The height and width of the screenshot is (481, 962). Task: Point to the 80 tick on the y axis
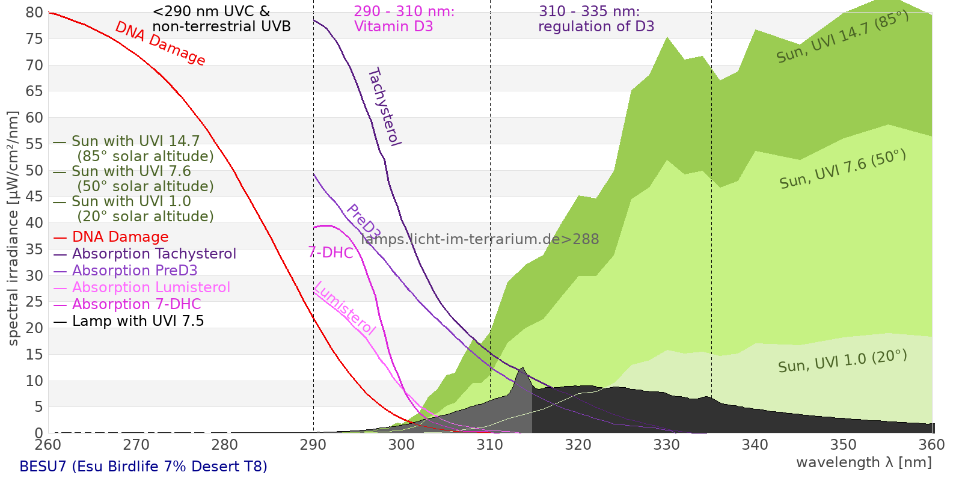tap(35, 13)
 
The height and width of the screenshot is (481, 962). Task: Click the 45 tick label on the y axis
tap(35, 197)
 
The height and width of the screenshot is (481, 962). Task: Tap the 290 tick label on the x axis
tap(313, 445)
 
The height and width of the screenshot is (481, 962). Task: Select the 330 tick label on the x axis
tap(666, 445)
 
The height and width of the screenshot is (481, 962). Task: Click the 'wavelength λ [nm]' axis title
tap(863, 462)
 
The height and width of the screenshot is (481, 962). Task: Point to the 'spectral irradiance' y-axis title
tap(13, 228)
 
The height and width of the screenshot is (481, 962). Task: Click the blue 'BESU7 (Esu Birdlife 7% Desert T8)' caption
tap(143, 467)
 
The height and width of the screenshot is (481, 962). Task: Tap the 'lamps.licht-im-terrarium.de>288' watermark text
tap(480, 239)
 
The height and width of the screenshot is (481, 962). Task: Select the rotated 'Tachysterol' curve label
tap(384, 107)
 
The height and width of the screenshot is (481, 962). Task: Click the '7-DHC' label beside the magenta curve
tap(331, 253)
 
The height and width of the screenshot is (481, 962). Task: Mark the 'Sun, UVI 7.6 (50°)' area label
tap(842, 170)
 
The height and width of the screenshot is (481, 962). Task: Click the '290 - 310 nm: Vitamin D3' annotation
tap(403, 19)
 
